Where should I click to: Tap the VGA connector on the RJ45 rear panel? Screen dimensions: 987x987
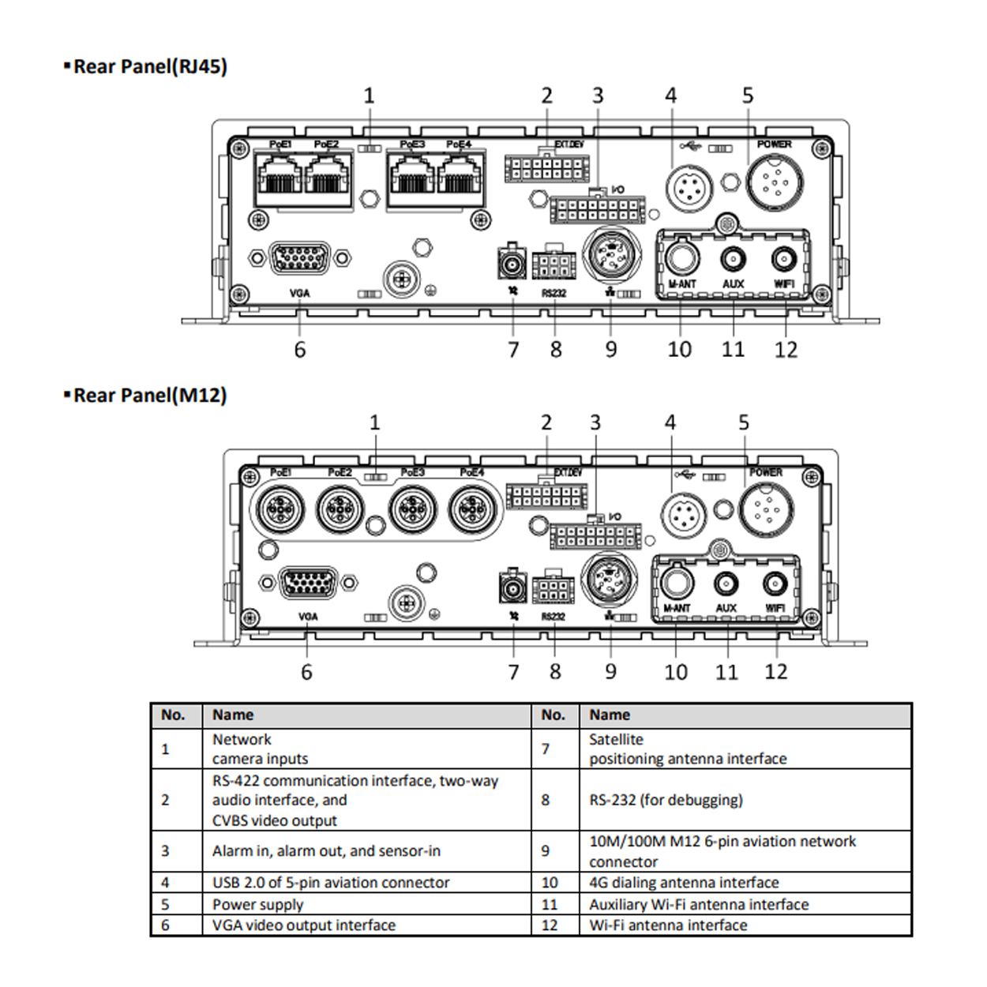coord(300,258)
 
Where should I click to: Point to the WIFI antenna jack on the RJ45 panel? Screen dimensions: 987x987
coord(783,259)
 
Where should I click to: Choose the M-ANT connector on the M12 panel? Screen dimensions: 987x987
coord(676,584)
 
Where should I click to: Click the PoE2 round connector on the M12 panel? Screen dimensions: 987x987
coord(340,509)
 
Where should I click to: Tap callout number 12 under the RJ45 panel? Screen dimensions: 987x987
coord(786,349)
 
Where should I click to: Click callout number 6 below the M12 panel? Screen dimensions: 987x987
coord(306,672)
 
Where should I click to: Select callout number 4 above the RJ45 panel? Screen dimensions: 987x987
coord(670,96)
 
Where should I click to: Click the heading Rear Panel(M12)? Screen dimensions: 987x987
coord(149,395)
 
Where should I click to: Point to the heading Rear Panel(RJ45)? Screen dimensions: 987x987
coord(150,66)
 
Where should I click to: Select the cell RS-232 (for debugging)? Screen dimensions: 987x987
coord(666,800)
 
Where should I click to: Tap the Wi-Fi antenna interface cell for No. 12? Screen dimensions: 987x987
coord(668,925)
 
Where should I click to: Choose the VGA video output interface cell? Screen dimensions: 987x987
coord(304,925)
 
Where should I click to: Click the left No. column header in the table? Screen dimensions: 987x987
coord(173,715)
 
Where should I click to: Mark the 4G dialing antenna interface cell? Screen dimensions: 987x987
coord(684,883)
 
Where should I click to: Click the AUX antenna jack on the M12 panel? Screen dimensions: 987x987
coord(726,584)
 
